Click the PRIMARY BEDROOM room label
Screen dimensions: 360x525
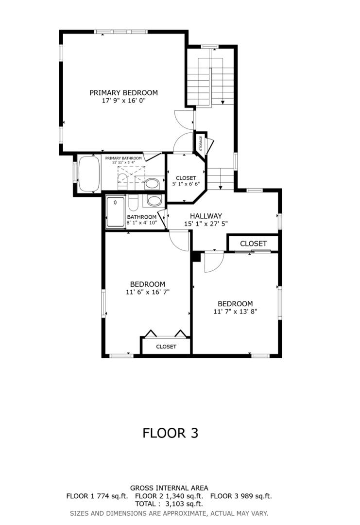[123, 93]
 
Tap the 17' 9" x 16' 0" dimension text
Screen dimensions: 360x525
[124, 101]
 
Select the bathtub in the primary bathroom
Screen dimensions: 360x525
[89, 174]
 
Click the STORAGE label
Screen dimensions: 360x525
[201, 143]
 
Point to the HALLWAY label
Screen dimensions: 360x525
[206, 216]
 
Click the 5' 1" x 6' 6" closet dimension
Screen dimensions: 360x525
[186, 184]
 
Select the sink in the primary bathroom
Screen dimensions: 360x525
[152, 184]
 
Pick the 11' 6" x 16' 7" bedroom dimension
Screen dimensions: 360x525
[148, 292]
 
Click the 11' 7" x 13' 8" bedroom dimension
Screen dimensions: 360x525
[235, 312]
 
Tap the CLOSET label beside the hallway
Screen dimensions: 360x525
[253, 244]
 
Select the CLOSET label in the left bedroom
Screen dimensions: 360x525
[166, 347]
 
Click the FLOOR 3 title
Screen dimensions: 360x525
[171, 433]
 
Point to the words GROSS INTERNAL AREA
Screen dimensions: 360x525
[169, 488]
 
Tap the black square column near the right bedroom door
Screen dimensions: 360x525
[196, 257]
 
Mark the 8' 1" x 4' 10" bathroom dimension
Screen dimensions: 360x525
[142, 223]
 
